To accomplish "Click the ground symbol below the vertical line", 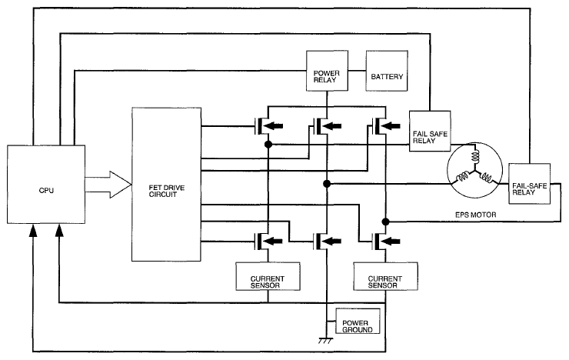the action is click(325, 341).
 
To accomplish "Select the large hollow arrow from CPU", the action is click(108, 185).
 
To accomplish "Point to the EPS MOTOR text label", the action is click(475, 215).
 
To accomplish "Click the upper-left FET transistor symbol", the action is click(268, 126).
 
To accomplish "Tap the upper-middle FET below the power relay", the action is click(327, 126).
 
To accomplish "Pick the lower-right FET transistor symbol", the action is click(386, 241).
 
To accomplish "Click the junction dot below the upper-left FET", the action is click(268, 145).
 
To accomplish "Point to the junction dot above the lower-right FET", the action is click(386, 222).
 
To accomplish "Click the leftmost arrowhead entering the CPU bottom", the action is click(33, 230).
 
